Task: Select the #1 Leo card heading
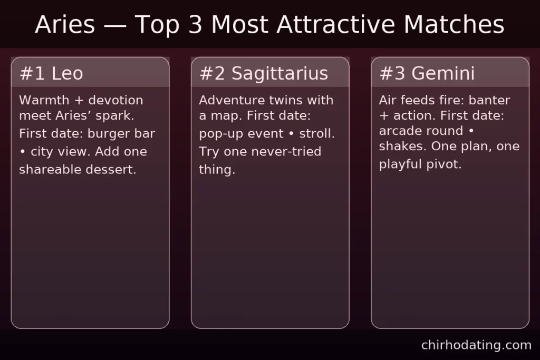tap(51, 74)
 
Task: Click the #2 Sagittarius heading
tap(264, 74)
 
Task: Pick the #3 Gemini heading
tap(427, 74)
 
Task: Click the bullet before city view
tap(23, 152)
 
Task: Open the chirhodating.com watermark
tap(476, 345)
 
